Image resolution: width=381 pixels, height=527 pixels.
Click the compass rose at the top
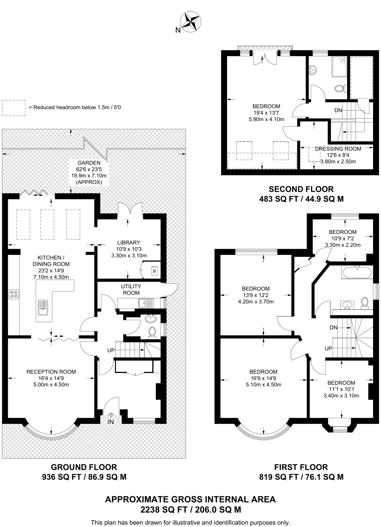[x=190, y=22]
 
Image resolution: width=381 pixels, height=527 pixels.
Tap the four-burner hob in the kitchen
[x=14, y=294]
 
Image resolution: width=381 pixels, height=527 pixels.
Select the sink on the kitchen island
[x=43, y=308]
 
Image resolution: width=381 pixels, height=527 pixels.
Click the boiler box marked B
[x=154, y=271]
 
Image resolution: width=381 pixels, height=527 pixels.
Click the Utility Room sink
[x=146, y=303]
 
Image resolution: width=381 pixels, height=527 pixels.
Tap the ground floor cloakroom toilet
[x=152, y=332]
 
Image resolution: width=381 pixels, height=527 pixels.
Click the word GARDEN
[x=89, y=163]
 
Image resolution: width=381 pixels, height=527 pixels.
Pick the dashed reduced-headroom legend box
[x=14, y=108]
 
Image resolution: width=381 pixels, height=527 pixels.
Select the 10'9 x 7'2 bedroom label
[x=343, y=238]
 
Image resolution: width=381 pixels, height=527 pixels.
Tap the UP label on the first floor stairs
[x=328, y=348]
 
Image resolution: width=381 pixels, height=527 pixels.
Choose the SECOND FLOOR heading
[x=301, y=189]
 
